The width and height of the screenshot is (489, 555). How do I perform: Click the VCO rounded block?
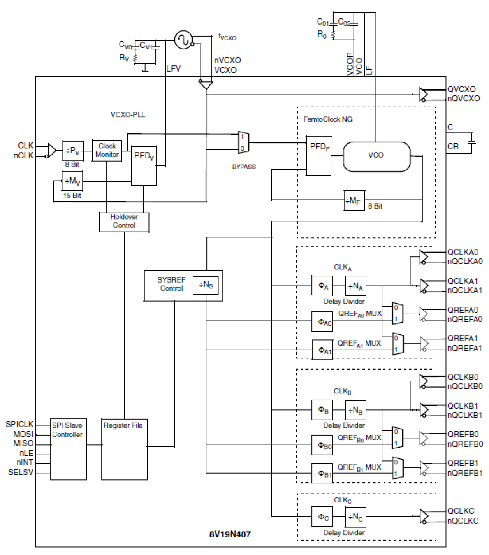point(376,156)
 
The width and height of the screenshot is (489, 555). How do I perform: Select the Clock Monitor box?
point(107,150)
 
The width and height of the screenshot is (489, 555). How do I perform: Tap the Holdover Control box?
point(124,221)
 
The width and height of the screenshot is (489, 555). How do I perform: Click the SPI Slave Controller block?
point(68,449)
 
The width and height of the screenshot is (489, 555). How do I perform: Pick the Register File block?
point(124,449)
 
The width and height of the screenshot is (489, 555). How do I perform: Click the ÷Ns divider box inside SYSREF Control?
point(206,285)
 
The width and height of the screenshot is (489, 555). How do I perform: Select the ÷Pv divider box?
point(73,151)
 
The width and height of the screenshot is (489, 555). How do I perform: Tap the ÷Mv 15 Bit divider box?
point(72,181)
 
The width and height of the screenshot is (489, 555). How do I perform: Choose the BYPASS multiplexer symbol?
point(243,142)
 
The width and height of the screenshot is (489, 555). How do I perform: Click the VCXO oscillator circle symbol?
point(183,40)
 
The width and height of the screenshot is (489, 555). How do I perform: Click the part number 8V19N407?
point(230,534)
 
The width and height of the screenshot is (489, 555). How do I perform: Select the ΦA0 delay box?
point(323,321)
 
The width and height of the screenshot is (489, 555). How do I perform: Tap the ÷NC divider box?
point(355,517)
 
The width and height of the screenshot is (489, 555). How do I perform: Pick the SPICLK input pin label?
point(19,424)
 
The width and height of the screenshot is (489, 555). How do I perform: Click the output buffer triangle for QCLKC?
point(424,516)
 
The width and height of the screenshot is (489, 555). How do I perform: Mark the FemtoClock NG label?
point(327,119)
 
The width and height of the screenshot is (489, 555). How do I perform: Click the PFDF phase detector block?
point(318,156)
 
